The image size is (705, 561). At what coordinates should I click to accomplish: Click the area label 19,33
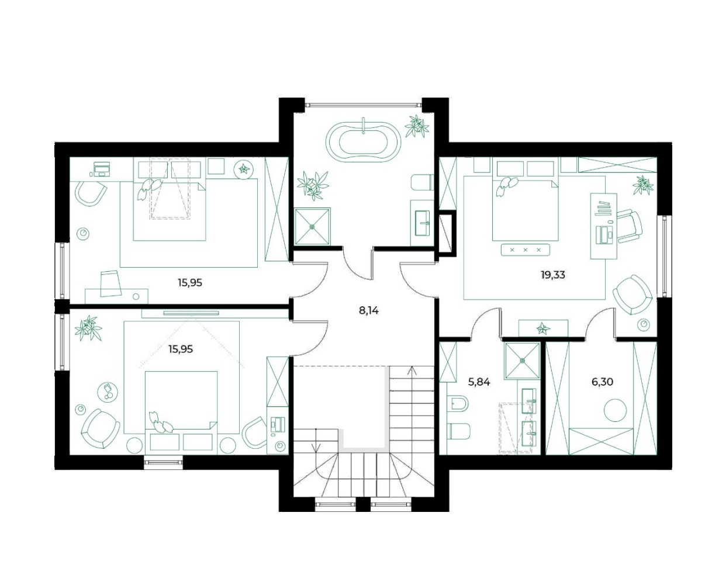click(553, 275)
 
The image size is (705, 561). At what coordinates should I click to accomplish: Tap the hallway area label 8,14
click(369, 310)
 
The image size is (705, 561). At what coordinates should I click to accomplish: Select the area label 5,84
click(479, 382)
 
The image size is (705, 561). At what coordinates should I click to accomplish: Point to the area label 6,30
click(603, 382)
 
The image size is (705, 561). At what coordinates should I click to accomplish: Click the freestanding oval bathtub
click(363, 142)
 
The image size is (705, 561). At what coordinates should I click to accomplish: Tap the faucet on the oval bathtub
click(363, 126)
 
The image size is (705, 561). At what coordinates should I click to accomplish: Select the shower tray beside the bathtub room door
click(312, 226)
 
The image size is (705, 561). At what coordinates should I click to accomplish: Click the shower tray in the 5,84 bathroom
click(522, 361)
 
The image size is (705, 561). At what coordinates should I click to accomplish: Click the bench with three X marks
click(526, 250)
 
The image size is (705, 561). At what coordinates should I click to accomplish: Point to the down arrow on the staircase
click(316, 440)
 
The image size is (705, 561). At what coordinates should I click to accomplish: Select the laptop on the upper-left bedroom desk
click(101, 169)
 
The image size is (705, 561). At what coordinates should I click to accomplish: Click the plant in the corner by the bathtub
click(417, 126)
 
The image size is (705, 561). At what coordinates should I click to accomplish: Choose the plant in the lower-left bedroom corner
click(88, 328)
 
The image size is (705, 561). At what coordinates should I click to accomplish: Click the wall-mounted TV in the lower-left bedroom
click(191, 313)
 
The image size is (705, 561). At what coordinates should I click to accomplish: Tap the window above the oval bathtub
click(363, 105)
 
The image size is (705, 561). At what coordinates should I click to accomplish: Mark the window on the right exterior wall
click(664, 257)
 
